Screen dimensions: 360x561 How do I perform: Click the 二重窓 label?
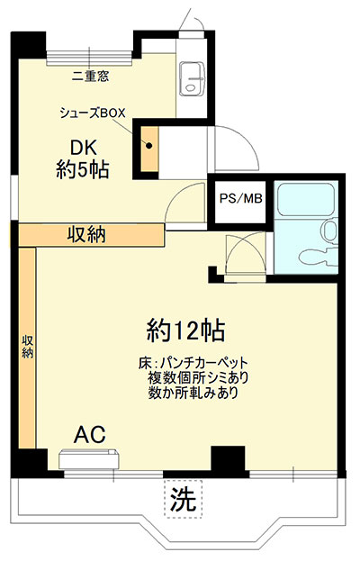pos(90,76)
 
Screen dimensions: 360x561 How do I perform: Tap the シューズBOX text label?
pos(93,113)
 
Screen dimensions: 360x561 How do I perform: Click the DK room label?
pos(84,147)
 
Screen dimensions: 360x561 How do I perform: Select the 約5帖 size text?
pos(83,169)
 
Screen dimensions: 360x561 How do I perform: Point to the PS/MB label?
pos(240,199)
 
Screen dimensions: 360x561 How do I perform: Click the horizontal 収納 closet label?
pos(87,235)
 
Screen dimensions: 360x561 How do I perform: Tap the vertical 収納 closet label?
pos(28,347)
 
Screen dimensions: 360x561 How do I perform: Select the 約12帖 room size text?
pos(186,330)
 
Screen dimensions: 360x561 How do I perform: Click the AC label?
pos(90,435)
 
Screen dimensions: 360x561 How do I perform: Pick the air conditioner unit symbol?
pos(89,458)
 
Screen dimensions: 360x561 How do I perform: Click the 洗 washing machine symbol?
pos(184,500)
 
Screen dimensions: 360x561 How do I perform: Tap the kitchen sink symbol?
pos(192,78)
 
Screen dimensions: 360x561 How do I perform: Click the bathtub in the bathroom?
pos(306,200)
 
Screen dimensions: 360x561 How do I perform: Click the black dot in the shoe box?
pos(149,146)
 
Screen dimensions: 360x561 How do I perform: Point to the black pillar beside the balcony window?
pos(228,459)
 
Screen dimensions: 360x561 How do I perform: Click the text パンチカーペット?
pos(204,363)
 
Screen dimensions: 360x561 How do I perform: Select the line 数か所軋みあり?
pos(193,394)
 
